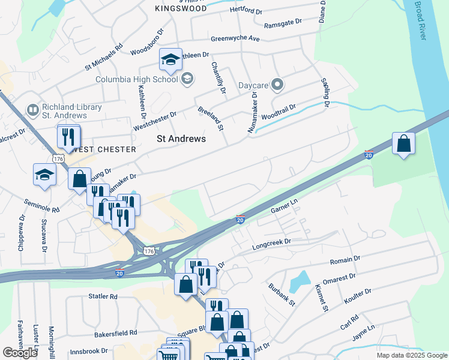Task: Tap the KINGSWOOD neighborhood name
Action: tap(181, 8)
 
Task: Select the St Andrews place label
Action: tap(181, 139)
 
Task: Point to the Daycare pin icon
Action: tap(277, 85)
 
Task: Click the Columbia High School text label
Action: tap(137, 79)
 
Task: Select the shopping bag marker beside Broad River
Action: tap(404, 144)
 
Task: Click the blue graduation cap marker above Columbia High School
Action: tap(170, 59)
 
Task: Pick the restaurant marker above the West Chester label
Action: tap(68, 136)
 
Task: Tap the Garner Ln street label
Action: tap(284, 209)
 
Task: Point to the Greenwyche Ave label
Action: tap(235, 38)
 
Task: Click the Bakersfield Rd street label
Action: tap(116, 332)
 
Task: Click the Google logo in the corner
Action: tap(20, 353)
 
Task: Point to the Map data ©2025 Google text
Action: tap(412, 355)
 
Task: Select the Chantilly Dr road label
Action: tap(218, 78)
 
